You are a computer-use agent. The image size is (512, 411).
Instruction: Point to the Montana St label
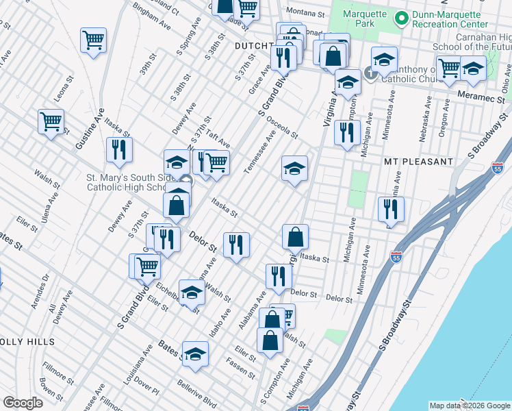(x=305, y=12)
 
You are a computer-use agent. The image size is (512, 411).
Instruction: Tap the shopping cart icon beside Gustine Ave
(x=51, y=122)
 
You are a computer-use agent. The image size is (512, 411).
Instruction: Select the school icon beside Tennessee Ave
(x=294, y=168)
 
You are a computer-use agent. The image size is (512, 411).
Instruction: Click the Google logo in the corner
(x=23, y=403)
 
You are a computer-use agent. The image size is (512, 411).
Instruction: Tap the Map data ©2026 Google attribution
(x=469, y=406)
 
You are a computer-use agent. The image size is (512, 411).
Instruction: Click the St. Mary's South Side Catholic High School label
(x=126, y=182)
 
